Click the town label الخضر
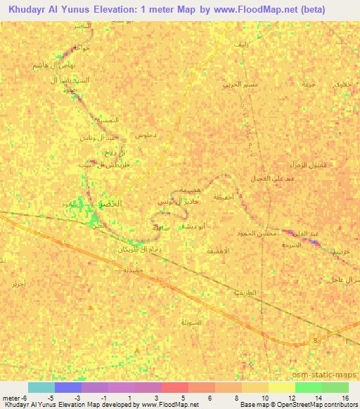click(x=110, y=202)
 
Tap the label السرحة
click(x=291, y=245)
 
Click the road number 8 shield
click(x=314, y=340)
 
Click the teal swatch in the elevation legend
click(x=41, y=388)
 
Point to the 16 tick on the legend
click(x=346, y=397)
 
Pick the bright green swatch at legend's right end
click(x=335, y=388)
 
